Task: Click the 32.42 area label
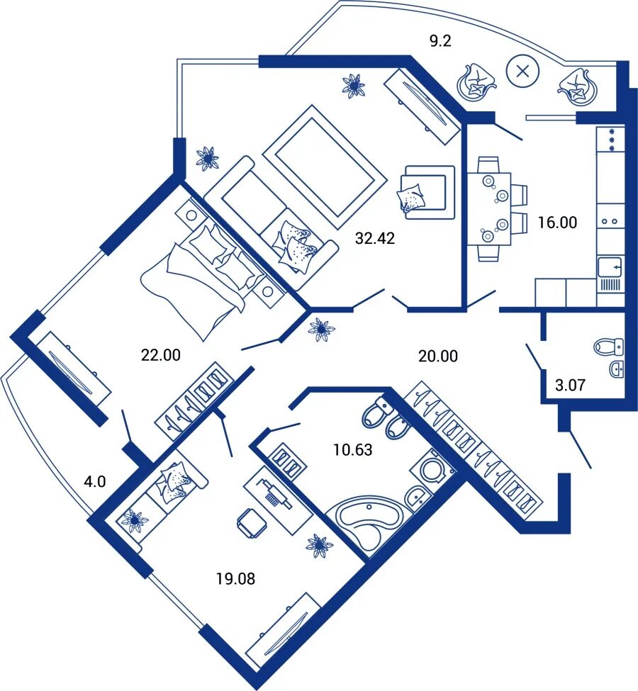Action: click(x=375, y=238)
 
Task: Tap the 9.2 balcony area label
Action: click(x=440, y=41)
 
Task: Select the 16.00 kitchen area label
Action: click(x=557, y=223)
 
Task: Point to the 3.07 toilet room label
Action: click(x=570, y=385)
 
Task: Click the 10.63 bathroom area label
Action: click(x=353, y=450)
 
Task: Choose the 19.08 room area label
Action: click(x=235, y=578)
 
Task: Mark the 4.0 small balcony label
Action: click(x=95, y=481)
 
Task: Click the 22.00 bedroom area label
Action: click(x=160, y=355)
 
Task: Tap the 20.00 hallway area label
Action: click(x=438, y=356)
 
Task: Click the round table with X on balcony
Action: click(x=523, y=71)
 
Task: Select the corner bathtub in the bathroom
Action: click(x=369, y=524)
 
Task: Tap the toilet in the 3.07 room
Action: click(x=609, y=347)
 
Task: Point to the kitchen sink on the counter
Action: click(x=610, y=267)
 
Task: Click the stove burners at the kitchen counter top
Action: click(x=611, y=140)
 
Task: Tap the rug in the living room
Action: click(x=325, y=167)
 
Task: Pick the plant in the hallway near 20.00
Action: click(x=321, y=330)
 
